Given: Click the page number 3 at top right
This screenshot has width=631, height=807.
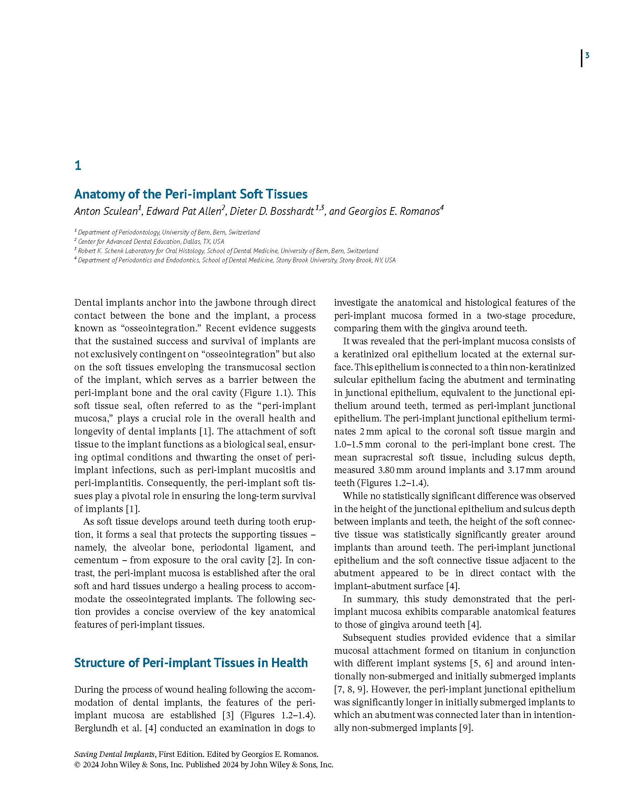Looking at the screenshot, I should tap(587, 56).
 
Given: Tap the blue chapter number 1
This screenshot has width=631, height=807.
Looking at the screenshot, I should tap(78, 165).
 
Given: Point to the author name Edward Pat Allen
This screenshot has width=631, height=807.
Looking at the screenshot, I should tap(184, 211).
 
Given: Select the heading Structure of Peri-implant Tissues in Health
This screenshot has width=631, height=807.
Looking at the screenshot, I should tap(191, 663).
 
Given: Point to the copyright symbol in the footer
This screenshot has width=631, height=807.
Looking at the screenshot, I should tap(77, 765).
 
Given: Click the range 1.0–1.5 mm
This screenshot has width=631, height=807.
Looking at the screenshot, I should tap(357, 444).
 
